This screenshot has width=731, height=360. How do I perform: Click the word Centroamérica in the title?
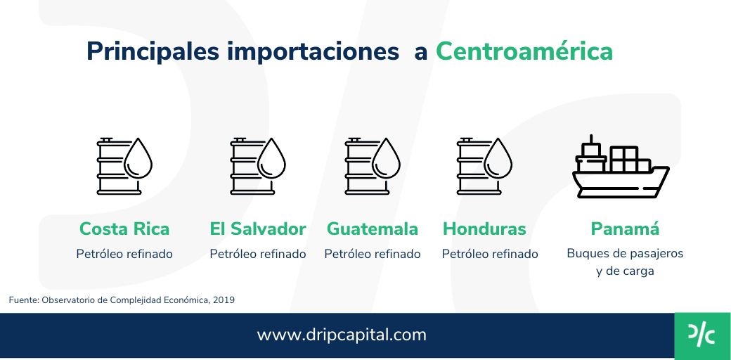[524, 51]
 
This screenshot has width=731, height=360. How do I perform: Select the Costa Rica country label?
[124, 229]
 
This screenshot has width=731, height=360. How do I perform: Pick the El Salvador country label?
[258, 229]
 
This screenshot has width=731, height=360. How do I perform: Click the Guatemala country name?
[373, 229]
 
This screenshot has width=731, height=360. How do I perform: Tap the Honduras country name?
[484, 229]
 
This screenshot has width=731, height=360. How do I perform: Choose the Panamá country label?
[625, 229]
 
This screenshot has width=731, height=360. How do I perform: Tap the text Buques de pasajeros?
[625, 253]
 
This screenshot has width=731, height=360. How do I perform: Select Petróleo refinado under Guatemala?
[373, 254]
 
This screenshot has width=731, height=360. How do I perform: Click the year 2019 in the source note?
[224, 300]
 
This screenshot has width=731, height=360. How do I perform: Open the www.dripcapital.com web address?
[342, 335]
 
